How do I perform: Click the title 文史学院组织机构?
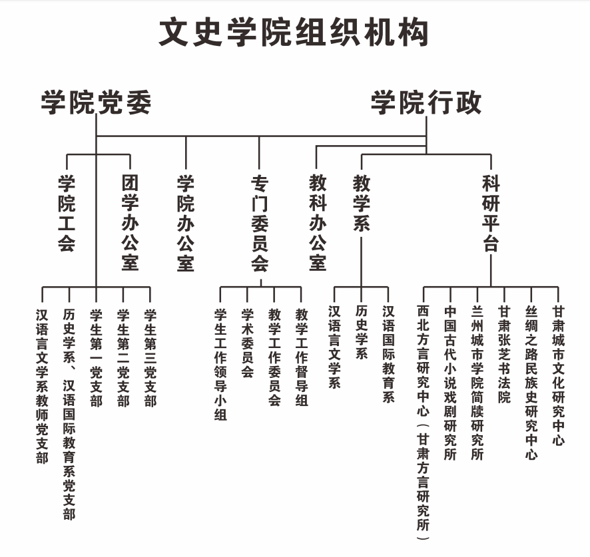(294, 33)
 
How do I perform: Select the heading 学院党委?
(97, 102)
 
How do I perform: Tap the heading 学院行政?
(426, 102)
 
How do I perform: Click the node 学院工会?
(67, 213)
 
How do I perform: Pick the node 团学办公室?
(130, 223)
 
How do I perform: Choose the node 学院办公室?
(186, 223)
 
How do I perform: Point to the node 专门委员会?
(260, 223)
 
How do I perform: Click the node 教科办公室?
(318, 223)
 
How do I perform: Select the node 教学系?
(361, 203)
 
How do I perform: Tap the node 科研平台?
(491, 213)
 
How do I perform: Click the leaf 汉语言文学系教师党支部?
(42, 386)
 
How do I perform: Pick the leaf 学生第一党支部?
(96, 358)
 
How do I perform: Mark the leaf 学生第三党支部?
(150, 358)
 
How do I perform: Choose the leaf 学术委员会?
(247, 343)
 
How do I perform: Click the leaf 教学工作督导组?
(302, 357)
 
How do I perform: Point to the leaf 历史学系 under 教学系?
(361, 332)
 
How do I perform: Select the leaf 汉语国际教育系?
(388, 354)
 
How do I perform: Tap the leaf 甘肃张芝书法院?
(504, 354)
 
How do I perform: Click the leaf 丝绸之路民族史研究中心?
(531, 382)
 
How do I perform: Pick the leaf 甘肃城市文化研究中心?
(559, 375)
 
